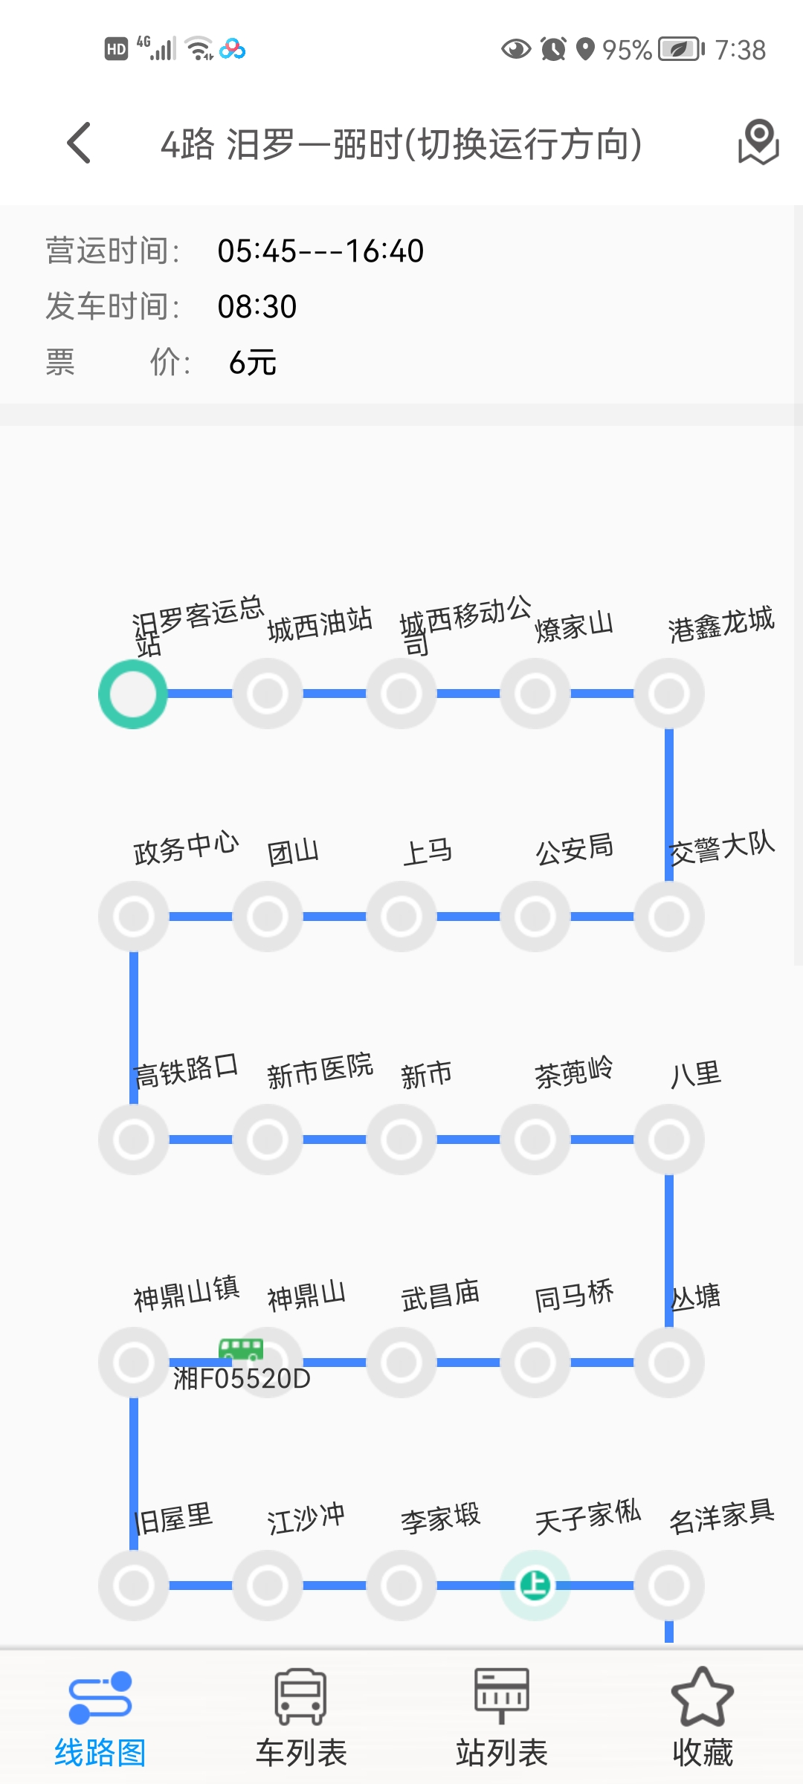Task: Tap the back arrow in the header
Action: [79, 143]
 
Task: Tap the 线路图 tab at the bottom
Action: [100, 1718]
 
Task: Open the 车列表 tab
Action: [301, 1718]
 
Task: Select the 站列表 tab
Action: [502, 1718]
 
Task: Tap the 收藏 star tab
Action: [703, 1718]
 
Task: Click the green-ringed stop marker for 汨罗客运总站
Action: [133, 694]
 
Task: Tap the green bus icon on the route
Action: [241, 1348]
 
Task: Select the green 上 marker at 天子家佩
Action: [535, 1585]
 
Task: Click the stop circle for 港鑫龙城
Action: [669, 694]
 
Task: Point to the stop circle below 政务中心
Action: [134, 917]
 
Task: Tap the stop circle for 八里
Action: [669, 1140]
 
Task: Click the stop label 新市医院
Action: [320, 1071]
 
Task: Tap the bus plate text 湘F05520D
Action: [242, 1379]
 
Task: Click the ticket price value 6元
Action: [253, 363]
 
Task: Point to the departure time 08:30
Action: [257, 307]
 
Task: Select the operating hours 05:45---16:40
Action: [320, 251]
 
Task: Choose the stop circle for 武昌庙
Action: [401, 1363]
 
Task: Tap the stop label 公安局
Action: [575, 849]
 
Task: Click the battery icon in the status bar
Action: [680, 50]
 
